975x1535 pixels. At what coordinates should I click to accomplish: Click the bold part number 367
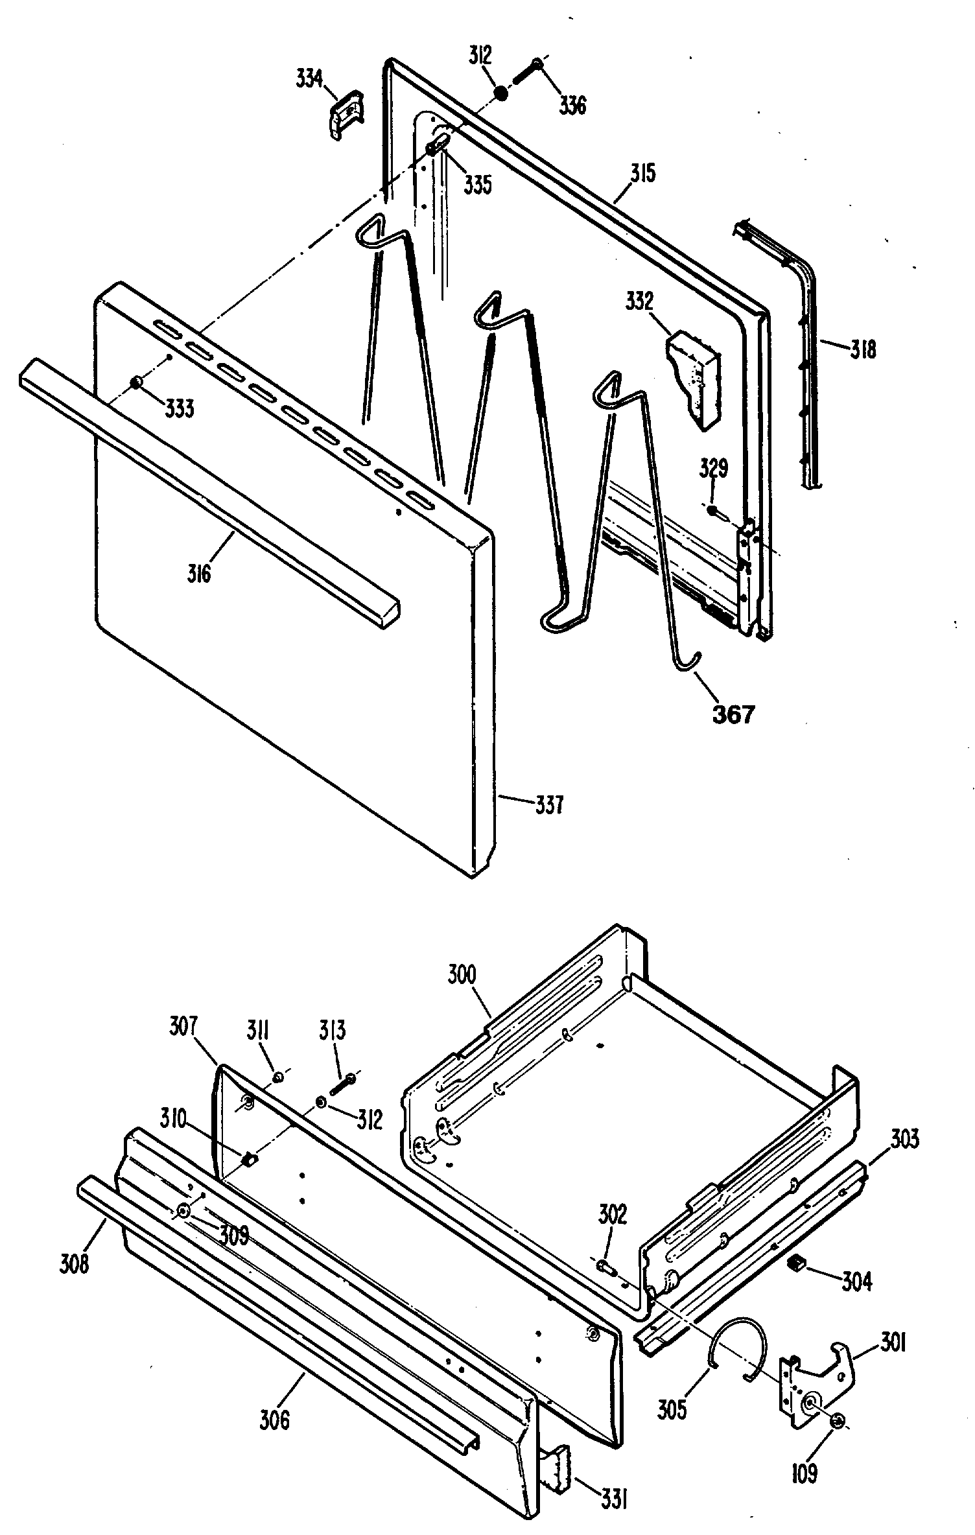click(x=733, y=714)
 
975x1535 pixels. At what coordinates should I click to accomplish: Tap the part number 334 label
click(x=309, y=78)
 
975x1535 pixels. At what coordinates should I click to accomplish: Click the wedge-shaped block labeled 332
click(x=693, y=379)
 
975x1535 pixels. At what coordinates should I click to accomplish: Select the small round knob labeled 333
click(x=137, y=382)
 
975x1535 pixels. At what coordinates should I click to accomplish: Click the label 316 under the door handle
click(x=199, y=572)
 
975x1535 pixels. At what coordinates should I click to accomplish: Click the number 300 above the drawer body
click(x=462, y=974)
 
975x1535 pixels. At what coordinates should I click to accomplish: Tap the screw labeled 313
click(x=343, y=1082)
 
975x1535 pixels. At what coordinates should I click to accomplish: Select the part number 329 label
click(x=713, y=467)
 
